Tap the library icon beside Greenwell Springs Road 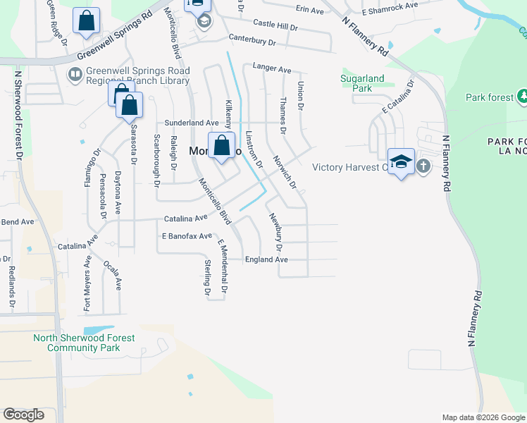pyautogui.click(x=74, y=73)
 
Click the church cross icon pyautogui.click(x=423, y=166)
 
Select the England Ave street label pyautogui.click(x=266, y=259)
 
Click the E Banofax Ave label pyautogui.click(x=187, y=236)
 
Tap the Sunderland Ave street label pyautogui.click(x=192, y=123)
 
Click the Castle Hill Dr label pyautogui.click(x=275, y=24)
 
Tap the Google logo pyautogui.click(x=23, y=415)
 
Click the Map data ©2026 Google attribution pyautogui.click(x=483, y=417)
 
